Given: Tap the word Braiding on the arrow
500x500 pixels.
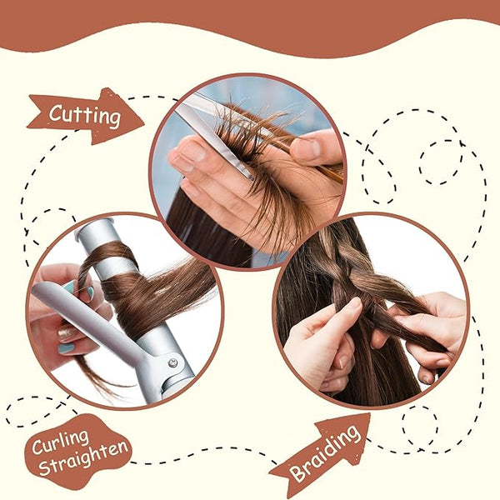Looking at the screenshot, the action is (x=325, y=453).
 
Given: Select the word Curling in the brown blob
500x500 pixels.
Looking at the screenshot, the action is (x=60, y=442).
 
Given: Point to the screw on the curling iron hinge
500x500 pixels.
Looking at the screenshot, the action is (x=172, y=362).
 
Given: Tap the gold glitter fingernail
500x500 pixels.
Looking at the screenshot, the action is (x=66, y=333).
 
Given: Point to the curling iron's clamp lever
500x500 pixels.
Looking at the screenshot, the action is (x=96, y=322).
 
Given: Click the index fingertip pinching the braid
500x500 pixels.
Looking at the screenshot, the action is (x=355, y=303).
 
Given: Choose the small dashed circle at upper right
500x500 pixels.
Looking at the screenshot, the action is (x=442, y=162).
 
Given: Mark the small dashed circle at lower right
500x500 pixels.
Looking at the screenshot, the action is (x=420, y=427).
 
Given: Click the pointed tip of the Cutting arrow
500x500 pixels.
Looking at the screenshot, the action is (x=143, y=122).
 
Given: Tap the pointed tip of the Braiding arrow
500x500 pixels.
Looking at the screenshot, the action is (x=370, y=413).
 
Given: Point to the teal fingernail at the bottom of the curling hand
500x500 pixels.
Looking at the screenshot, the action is (x=67, y=348).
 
